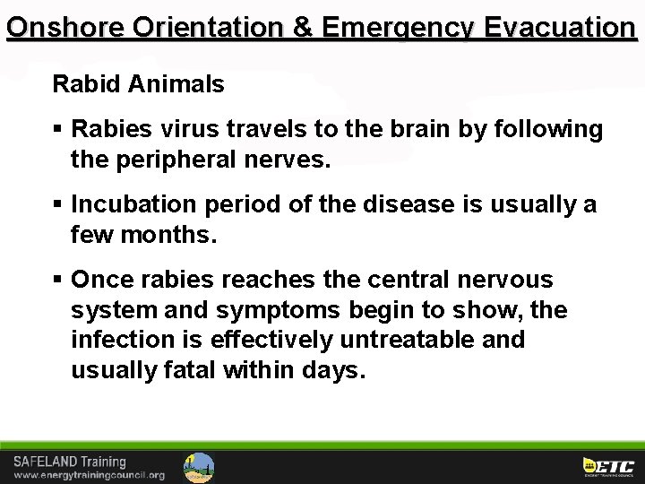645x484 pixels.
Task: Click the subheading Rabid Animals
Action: coord(138,85)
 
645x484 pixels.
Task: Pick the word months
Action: coord(170,236)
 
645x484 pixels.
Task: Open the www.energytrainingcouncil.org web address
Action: coord(90,475)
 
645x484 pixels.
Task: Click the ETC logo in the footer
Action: coord(608,466)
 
